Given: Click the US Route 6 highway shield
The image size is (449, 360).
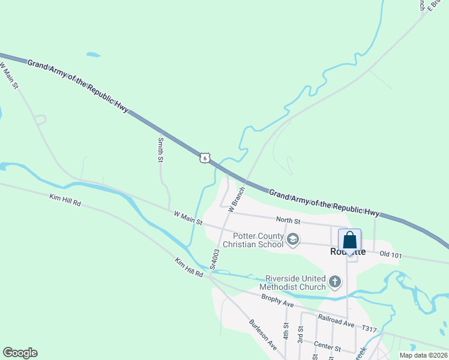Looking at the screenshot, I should [205, 158].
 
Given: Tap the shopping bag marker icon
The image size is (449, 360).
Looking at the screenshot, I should [349, 241].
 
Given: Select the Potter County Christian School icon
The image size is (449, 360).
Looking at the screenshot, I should [293, 240].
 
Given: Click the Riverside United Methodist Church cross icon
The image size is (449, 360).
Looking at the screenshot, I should [335, 280].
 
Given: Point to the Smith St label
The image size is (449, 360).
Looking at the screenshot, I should [160, 149].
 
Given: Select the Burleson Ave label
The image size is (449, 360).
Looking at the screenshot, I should [262, 334].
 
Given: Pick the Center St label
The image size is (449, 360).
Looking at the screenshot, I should [327, 346].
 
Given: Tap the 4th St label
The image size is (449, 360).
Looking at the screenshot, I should [286, 332].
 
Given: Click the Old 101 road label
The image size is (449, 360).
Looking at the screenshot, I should [391, 254].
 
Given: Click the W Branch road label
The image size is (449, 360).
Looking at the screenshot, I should [237, 199].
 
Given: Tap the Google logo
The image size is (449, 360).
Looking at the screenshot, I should [20, 353].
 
